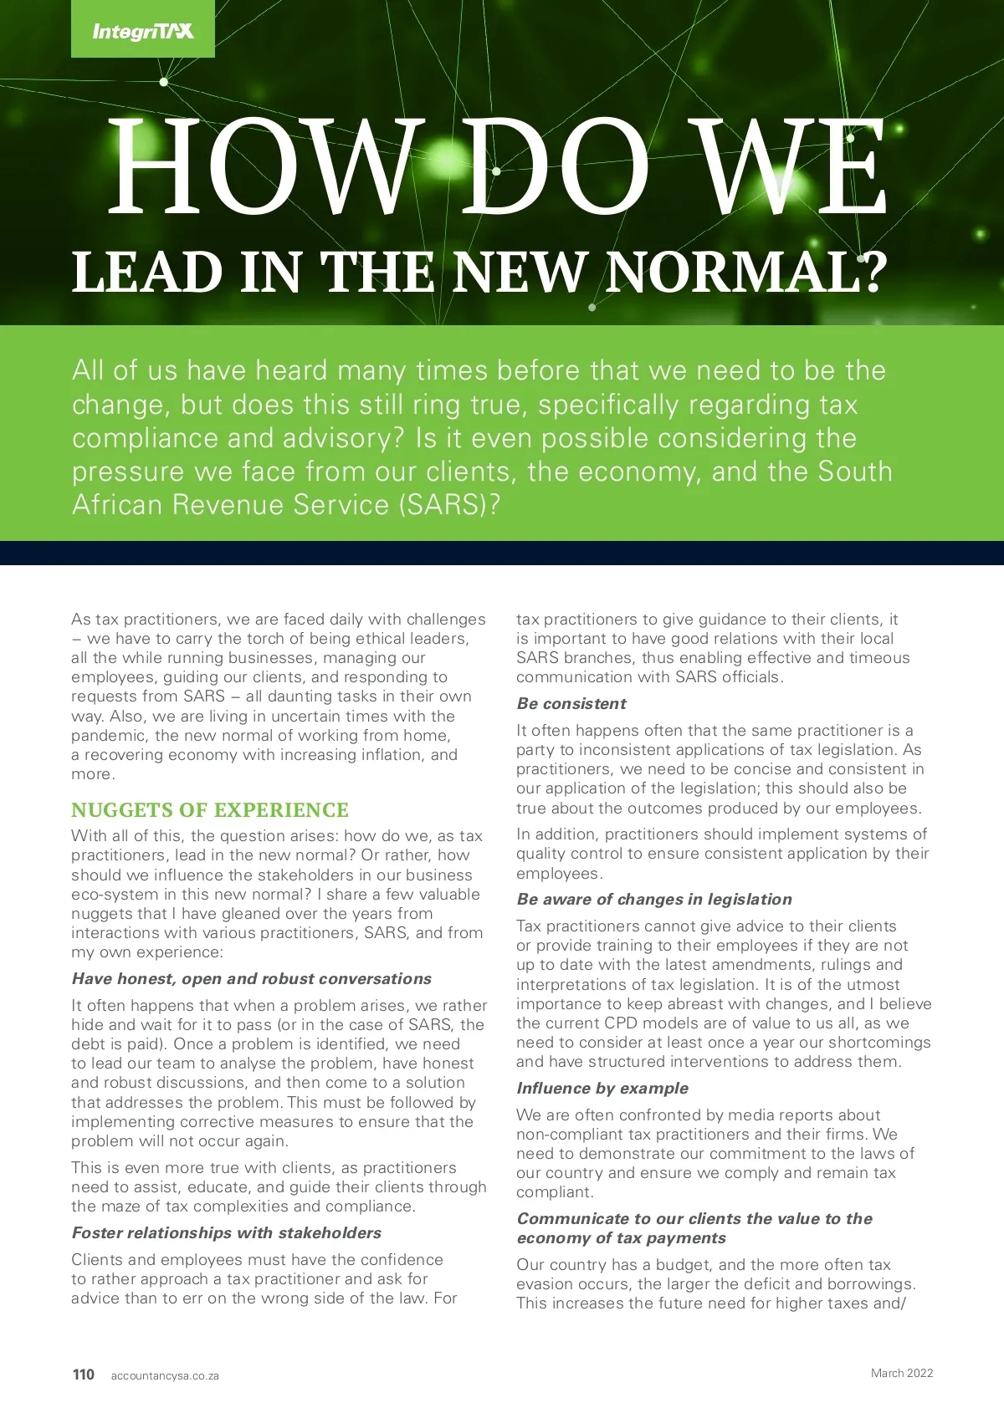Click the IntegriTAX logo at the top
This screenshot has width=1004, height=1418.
[143, 31]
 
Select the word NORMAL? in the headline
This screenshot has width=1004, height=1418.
[745, 272]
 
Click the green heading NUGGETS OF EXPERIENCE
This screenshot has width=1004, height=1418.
[210, 810]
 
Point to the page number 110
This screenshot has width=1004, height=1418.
[84, 1375]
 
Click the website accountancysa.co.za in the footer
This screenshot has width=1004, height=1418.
[165, 1375]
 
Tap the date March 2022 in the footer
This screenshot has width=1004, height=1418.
[901, 1373]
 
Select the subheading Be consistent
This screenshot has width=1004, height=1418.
[571, 704]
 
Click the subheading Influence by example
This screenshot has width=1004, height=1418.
[602, 1089]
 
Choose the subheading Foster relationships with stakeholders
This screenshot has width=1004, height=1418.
[227, 1233]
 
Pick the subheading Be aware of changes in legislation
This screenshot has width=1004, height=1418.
[654, 900]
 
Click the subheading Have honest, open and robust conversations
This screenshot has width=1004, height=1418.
[252, 979]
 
